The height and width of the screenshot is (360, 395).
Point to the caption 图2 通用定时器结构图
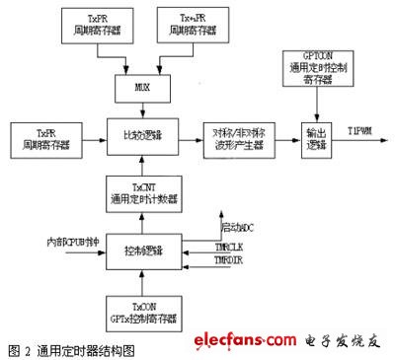pos(70,349)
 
